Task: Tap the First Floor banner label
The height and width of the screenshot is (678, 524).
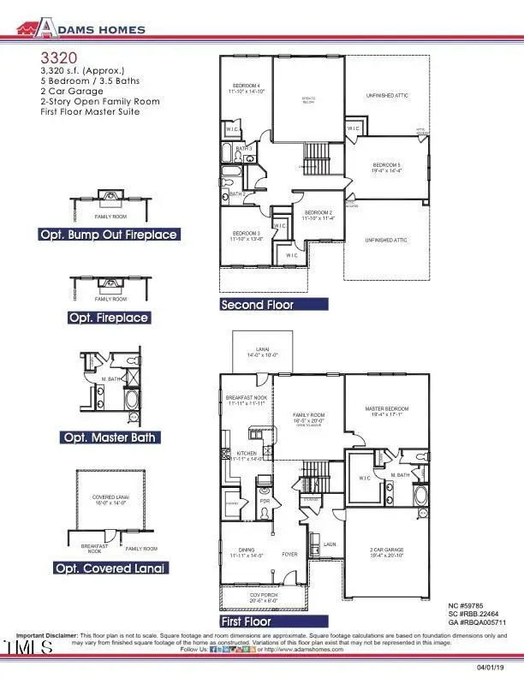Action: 245,621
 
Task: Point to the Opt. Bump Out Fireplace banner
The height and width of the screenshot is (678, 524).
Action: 108,235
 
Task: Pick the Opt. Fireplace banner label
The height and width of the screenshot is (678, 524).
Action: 108,318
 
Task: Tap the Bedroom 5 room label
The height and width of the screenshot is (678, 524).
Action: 386,166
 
